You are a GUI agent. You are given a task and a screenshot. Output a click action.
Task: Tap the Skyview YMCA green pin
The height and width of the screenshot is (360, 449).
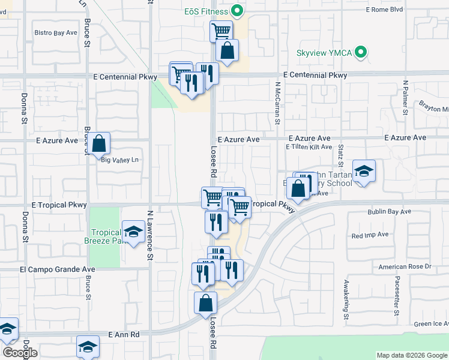point(361,53)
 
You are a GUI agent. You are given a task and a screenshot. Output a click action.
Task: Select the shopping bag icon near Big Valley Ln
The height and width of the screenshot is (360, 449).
point(100,144)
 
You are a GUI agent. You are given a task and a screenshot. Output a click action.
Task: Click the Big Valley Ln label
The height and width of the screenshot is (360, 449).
point(119,160)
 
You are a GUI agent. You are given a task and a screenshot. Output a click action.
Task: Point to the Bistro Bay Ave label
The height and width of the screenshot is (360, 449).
point(56,32)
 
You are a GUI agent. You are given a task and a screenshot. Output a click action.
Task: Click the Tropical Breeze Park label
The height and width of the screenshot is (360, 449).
point(106,238)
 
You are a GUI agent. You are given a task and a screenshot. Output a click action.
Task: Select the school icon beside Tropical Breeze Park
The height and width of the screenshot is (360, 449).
point(133,232)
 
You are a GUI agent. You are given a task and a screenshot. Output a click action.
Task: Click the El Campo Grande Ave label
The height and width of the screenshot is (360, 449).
point(58,269)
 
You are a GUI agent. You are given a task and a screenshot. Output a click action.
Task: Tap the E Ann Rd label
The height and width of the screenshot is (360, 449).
point(124,334)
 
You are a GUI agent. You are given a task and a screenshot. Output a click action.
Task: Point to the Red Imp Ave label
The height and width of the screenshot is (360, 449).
point(370,235)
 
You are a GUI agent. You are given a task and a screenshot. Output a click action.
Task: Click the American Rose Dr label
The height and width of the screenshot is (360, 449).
point(405,266)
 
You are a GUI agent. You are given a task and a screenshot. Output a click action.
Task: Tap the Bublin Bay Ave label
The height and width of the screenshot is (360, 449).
point(390,212)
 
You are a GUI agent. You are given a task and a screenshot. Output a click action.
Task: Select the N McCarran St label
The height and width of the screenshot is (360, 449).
point(278,103)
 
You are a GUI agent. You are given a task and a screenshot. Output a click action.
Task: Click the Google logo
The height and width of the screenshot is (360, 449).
point(20,353)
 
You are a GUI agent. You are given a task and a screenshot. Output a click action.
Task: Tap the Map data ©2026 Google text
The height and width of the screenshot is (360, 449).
point(412,355)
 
